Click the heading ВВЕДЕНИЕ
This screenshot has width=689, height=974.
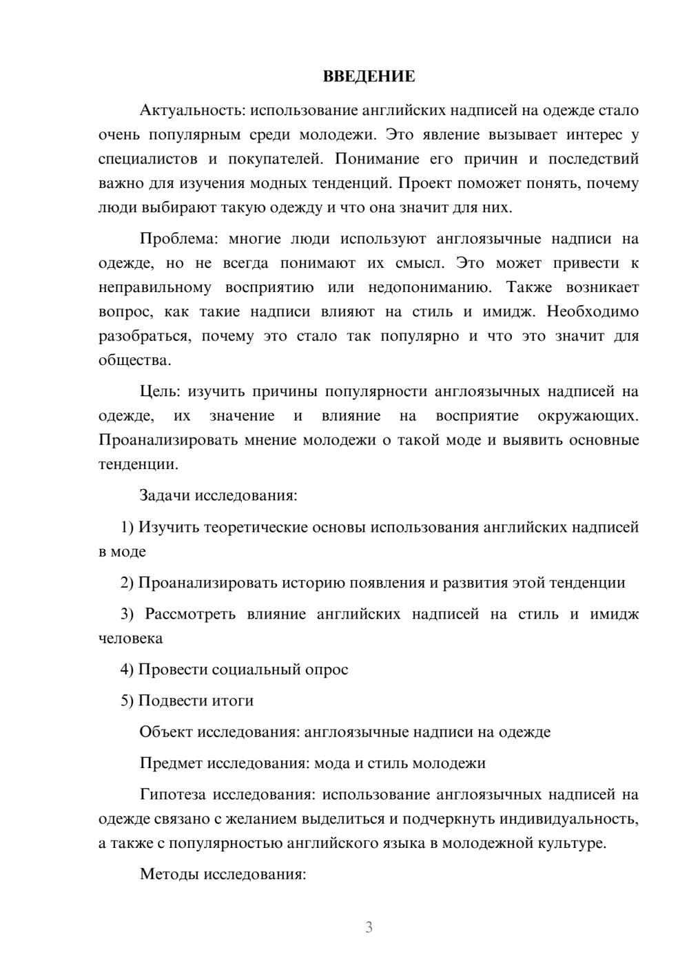369,76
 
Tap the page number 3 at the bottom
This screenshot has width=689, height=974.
369,927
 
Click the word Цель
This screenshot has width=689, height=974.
159,392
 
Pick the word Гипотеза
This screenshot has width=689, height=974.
172,795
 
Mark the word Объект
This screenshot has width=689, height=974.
165,732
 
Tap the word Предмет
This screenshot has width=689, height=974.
171,763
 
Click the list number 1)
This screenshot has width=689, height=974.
127,528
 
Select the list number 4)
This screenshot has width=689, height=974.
127,670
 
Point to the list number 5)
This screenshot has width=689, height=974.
127,701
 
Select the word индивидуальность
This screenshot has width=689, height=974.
568,819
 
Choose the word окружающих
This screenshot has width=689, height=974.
588,416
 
